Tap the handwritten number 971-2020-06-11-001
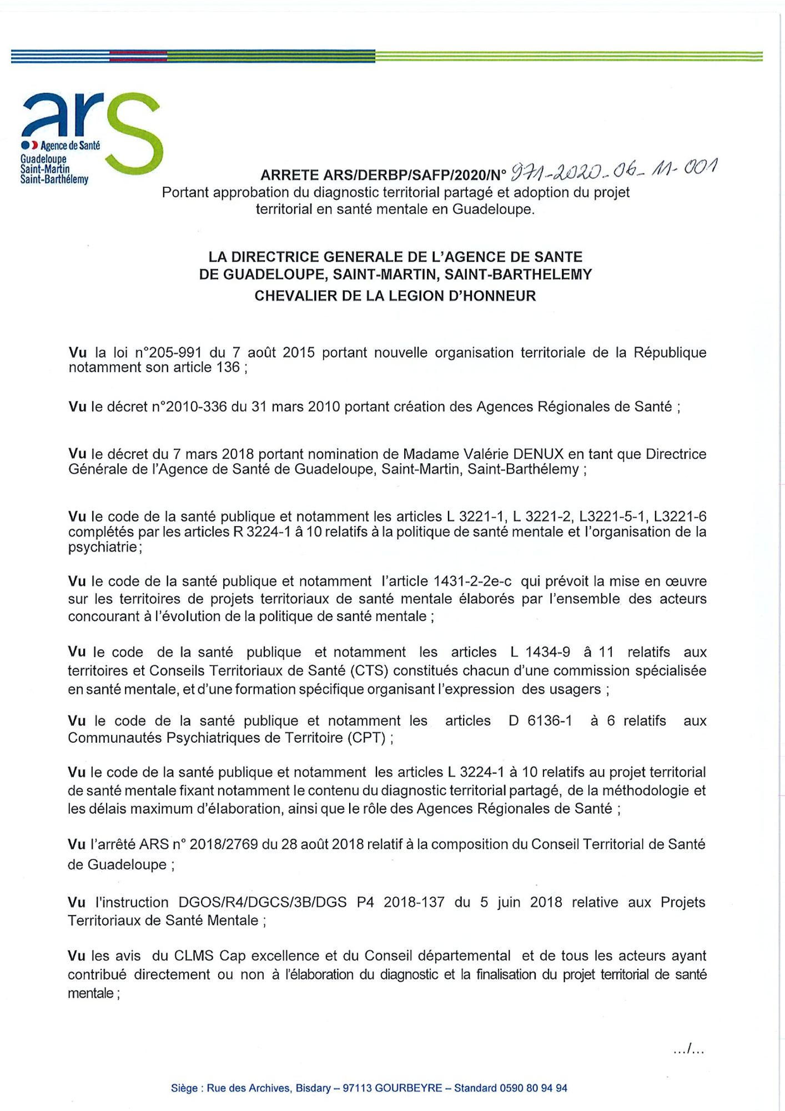[613, 169]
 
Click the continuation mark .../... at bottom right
[688, 1049]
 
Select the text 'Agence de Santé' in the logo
[71, 146]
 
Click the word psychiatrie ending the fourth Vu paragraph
[103, 547]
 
